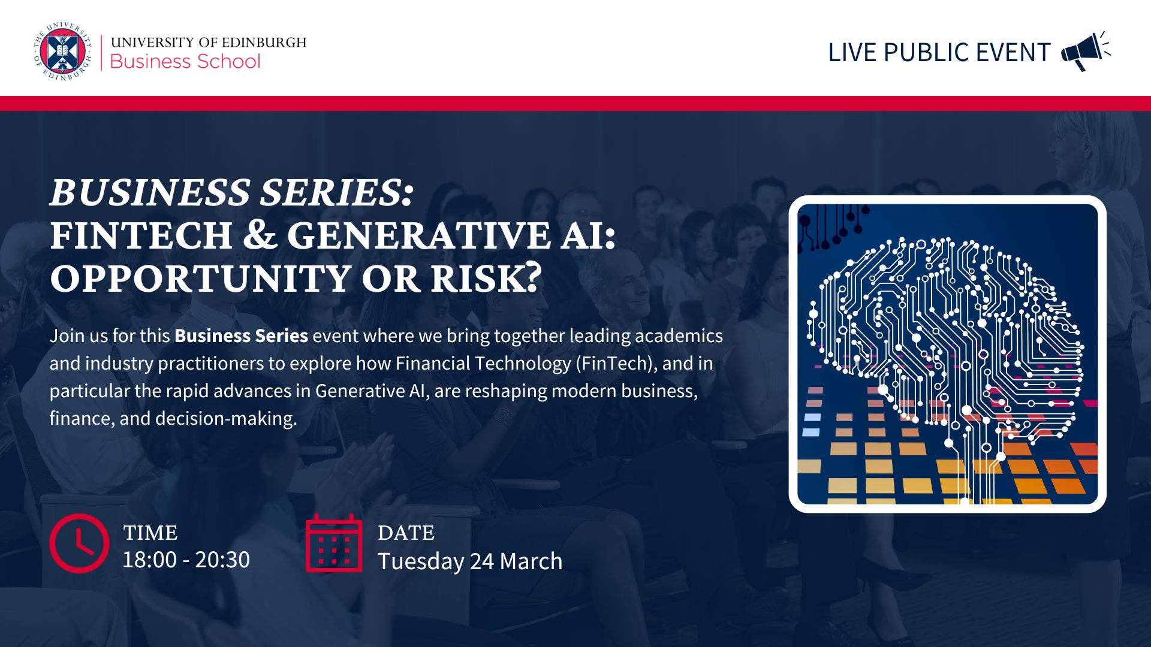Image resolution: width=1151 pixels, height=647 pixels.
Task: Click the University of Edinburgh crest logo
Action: coord(63,52)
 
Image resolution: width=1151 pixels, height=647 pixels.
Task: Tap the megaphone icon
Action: coord(1086,52)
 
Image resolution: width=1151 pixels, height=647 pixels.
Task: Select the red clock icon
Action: coord(79,543)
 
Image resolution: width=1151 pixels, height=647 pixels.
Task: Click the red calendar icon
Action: coord(334,543)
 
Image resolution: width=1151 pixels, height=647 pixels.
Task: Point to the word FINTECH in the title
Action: coord(141,235)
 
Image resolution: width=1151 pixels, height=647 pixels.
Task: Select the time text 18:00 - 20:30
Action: coord(186,560)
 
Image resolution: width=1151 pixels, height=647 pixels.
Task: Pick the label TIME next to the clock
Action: coord(150,533)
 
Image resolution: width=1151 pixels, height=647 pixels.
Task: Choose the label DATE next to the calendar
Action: coord(406,533)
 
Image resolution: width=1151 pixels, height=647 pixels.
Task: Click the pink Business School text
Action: coord(185,62)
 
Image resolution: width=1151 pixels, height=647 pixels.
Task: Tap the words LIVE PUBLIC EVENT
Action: coord(939,53)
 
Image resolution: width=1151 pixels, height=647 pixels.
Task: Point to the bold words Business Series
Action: coord(241,335)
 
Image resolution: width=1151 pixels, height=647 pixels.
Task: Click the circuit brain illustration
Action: coord(947,354)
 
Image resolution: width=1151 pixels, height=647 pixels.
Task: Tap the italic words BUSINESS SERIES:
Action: coord(232,192)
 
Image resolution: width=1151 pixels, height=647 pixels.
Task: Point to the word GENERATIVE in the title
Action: coord(418,235)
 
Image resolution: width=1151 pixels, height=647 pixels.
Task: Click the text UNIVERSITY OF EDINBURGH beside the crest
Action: coord(209,42)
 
